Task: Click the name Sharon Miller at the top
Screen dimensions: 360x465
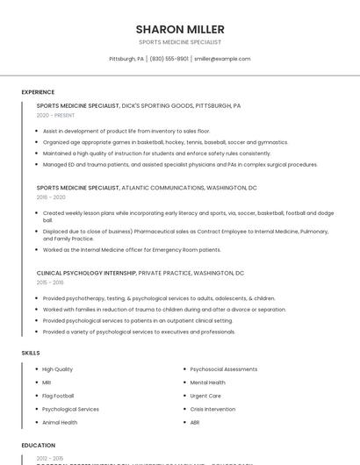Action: tap(180, 29)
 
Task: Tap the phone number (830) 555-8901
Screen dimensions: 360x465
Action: tap(169, 59)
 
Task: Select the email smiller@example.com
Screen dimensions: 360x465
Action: tap(222, 59)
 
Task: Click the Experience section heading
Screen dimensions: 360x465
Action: tap(38, 92)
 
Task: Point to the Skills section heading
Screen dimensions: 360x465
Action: tap(31, 353)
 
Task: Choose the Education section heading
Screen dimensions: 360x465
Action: tap(39, 446)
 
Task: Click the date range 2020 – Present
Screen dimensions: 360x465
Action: tap(54, 115)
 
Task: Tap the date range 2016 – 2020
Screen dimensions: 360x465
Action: tap(51, 197)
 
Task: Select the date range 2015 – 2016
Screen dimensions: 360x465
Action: tap(50, 283)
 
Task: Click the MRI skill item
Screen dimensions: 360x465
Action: tap(47, 383)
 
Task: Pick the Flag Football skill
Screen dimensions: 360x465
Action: tap(59, 396)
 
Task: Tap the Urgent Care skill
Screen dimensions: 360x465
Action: tap(205, 396)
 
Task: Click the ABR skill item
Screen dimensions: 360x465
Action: tap(195, 422)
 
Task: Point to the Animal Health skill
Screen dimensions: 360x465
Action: tap(60, 422)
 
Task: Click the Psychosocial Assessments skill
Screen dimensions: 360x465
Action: tap(223, 369)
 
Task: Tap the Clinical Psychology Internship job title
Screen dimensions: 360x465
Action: tap(86, 273)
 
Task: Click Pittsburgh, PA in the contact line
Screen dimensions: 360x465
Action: tap(126, 59)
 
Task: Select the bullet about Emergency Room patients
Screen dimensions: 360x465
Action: tap(132, 249)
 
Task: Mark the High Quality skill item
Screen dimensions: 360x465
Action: tap(57, 369)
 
